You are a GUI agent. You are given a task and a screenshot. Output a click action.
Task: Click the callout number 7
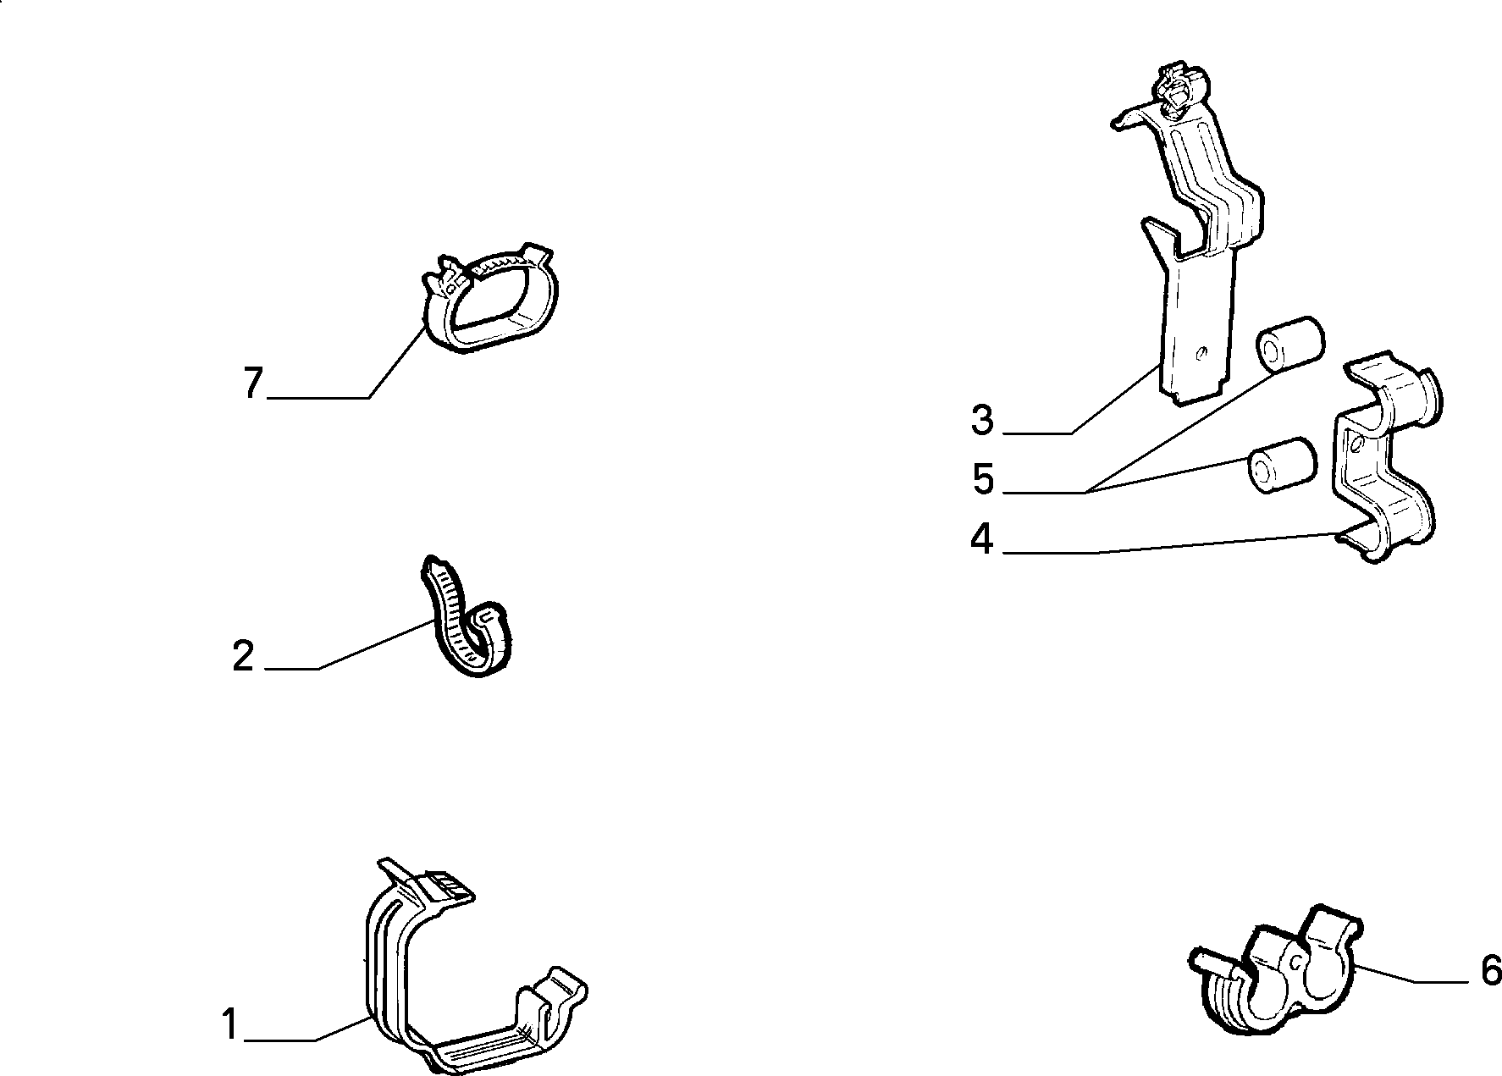(253, 383)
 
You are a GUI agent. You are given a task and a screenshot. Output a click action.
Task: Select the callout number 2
(243, 656)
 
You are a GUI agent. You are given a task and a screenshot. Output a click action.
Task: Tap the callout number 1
(230, 1024)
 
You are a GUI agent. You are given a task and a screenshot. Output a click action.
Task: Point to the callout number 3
(982, 421)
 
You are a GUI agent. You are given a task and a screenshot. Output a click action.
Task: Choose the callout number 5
(983, 480)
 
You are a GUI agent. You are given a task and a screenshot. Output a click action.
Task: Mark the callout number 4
(982, 539)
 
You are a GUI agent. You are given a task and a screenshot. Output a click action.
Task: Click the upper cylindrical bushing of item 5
(1289, 345)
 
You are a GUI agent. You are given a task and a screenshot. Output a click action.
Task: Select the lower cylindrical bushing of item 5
(1280, 466)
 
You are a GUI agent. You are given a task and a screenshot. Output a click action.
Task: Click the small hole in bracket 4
(1356, 444)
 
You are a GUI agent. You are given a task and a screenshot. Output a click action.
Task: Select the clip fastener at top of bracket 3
(1179, 87)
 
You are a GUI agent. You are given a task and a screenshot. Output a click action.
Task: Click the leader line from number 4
(1173, 544)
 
